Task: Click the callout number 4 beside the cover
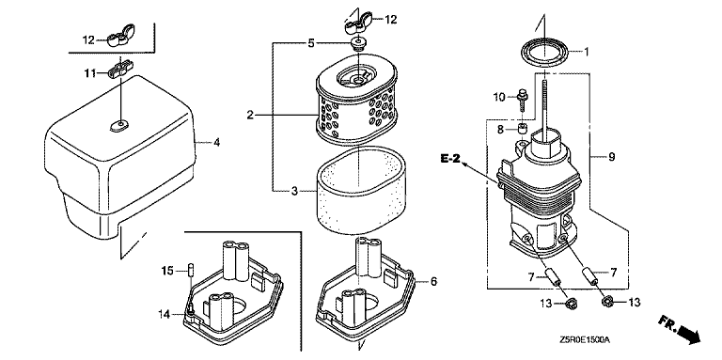click(216, 142)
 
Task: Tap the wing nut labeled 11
click(119, 71)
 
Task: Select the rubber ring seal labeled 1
click(544, 53)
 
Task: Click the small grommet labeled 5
click(357, 44)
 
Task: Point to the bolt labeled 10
click(522, 98)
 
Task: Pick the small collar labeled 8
click(522, 128)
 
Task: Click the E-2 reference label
click(450, 158)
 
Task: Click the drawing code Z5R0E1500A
click(585, 340)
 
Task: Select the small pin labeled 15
click(191, 269)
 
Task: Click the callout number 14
click(164, 314)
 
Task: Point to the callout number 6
click(433, 281)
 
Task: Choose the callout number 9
click(611, 157)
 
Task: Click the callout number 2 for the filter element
click(250, 115)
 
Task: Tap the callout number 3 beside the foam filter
click(294, 190)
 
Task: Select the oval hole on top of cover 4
click(119, 124)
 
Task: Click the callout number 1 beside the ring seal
click(587, 52)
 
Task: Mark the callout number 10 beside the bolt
click(499, 97)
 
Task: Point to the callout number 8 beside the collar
click(500, 130)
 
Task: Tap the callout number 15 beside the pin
click(168, 271)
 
